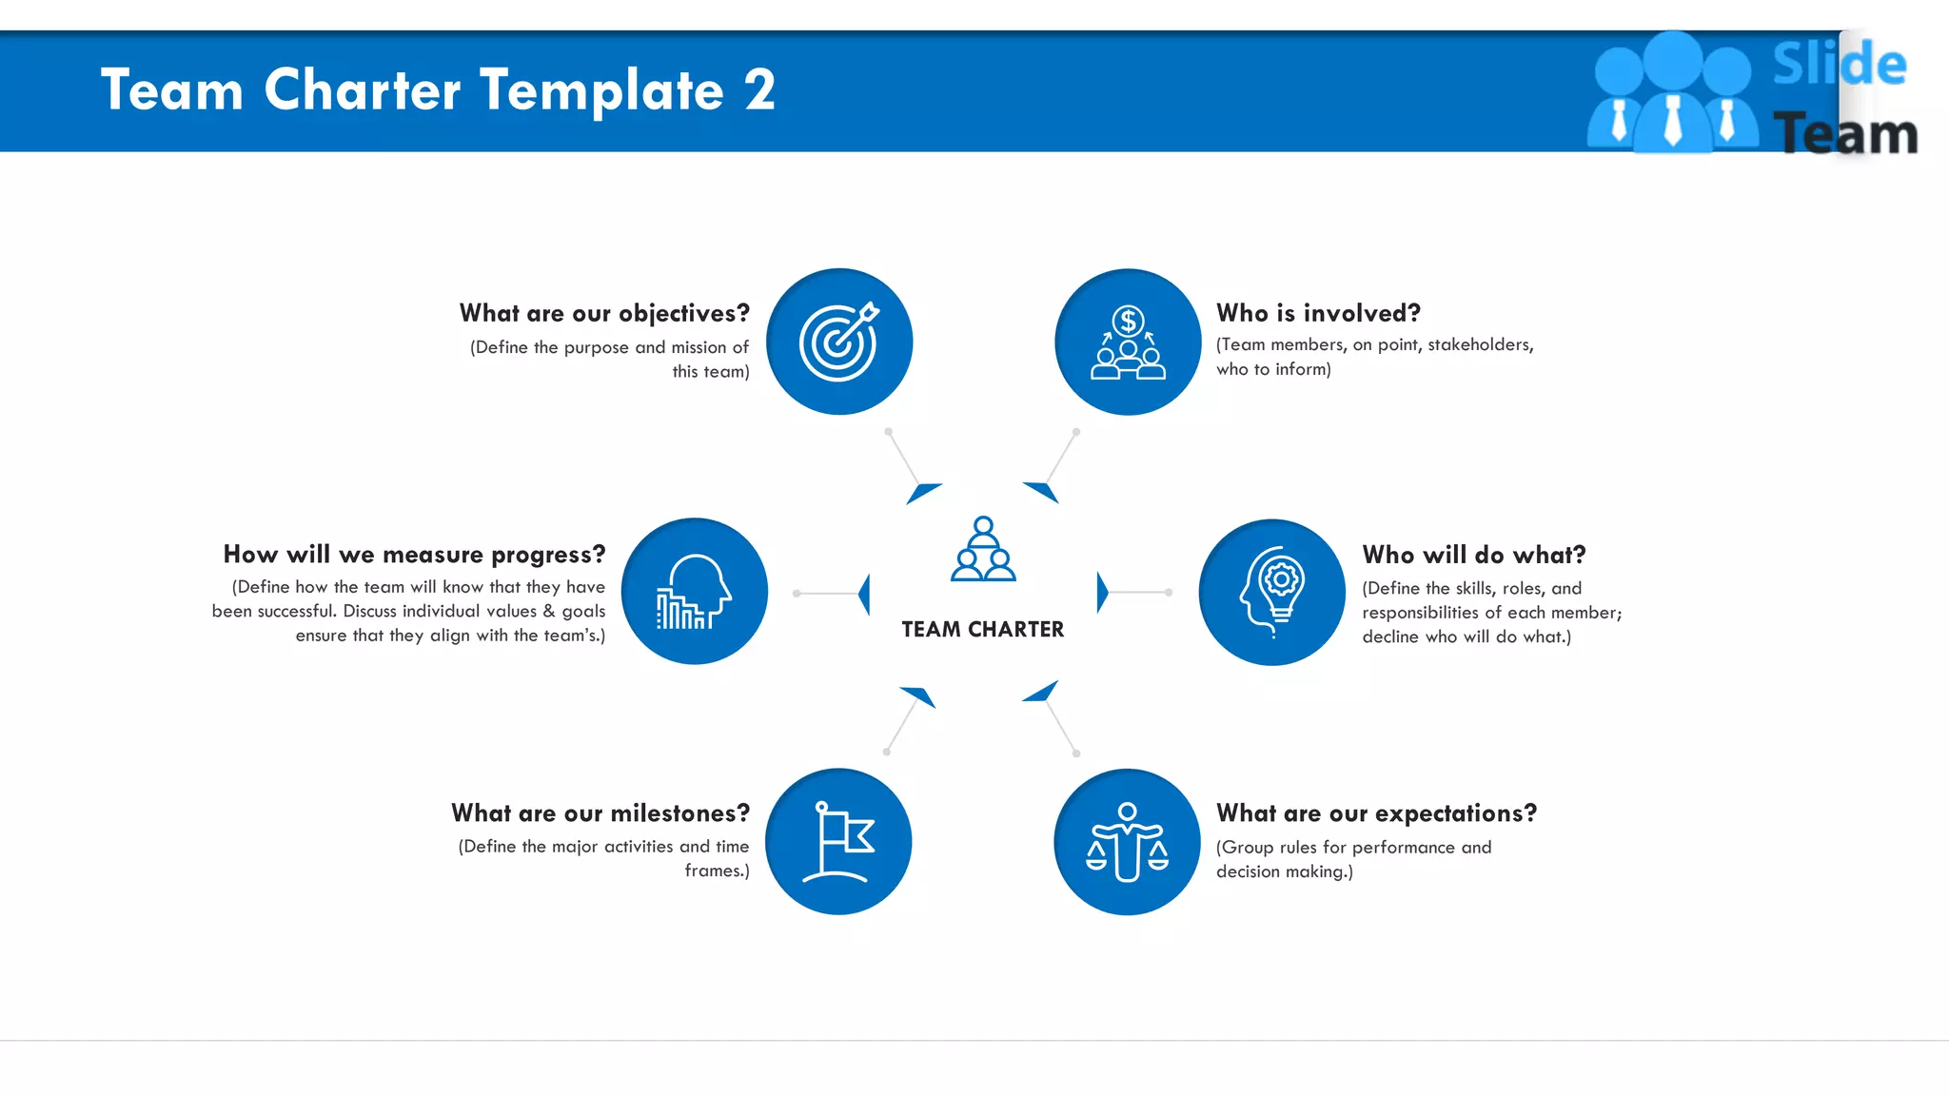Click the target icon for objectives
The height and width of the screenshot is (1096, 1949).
click(x=838, y=342)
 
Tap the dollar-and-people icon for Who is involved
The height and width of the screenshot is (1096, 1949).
click(x=1128, y=342)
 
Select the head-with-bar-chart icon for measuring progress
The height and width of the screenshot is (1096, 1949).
click(x=694, y=591)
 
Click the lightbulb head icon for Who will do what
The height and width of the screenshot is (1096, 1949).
click(x=1272, y=592)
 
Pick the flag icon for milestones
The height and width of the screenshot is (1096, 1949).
click(x=838, y=842)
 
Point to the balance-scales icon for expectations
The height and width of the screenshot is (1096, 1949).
click(x=1128, y=842)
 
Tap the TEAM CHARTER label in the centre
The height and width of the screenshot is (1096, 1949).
click(x=983, y=630)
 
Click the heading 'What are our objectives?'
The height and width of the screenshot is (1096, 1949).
click(x=604, y=313)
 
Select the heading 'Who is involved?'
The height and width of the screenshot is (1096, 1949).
click(x=1318, y=313)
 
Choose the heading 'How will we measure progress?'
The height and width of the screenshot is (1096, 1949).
click(x=414, y=554)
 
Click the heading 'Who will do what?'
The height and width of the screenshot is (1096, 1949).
click(x=1474, y=555)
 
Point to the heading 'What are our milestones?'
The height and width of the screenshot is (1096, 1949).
click(x=600, y=813)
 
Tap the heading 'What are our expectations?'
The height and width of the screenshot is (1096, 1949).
click(x=1376, y=813)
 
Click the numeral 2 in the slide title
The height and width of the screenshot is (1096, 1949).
click(x=759, y=90)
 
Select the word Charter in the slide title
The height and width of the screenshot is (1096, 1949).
click(x=363, y=90)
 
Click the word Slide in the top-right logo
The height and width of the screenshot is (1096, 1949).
click(x=1839, y=65)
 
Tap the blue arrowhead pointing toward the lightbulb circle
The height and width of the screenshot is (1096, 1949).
click(x=1102, y=593)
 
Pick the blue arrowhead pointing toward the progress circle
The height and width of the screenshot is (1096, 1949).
click(x=864, y=594)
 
